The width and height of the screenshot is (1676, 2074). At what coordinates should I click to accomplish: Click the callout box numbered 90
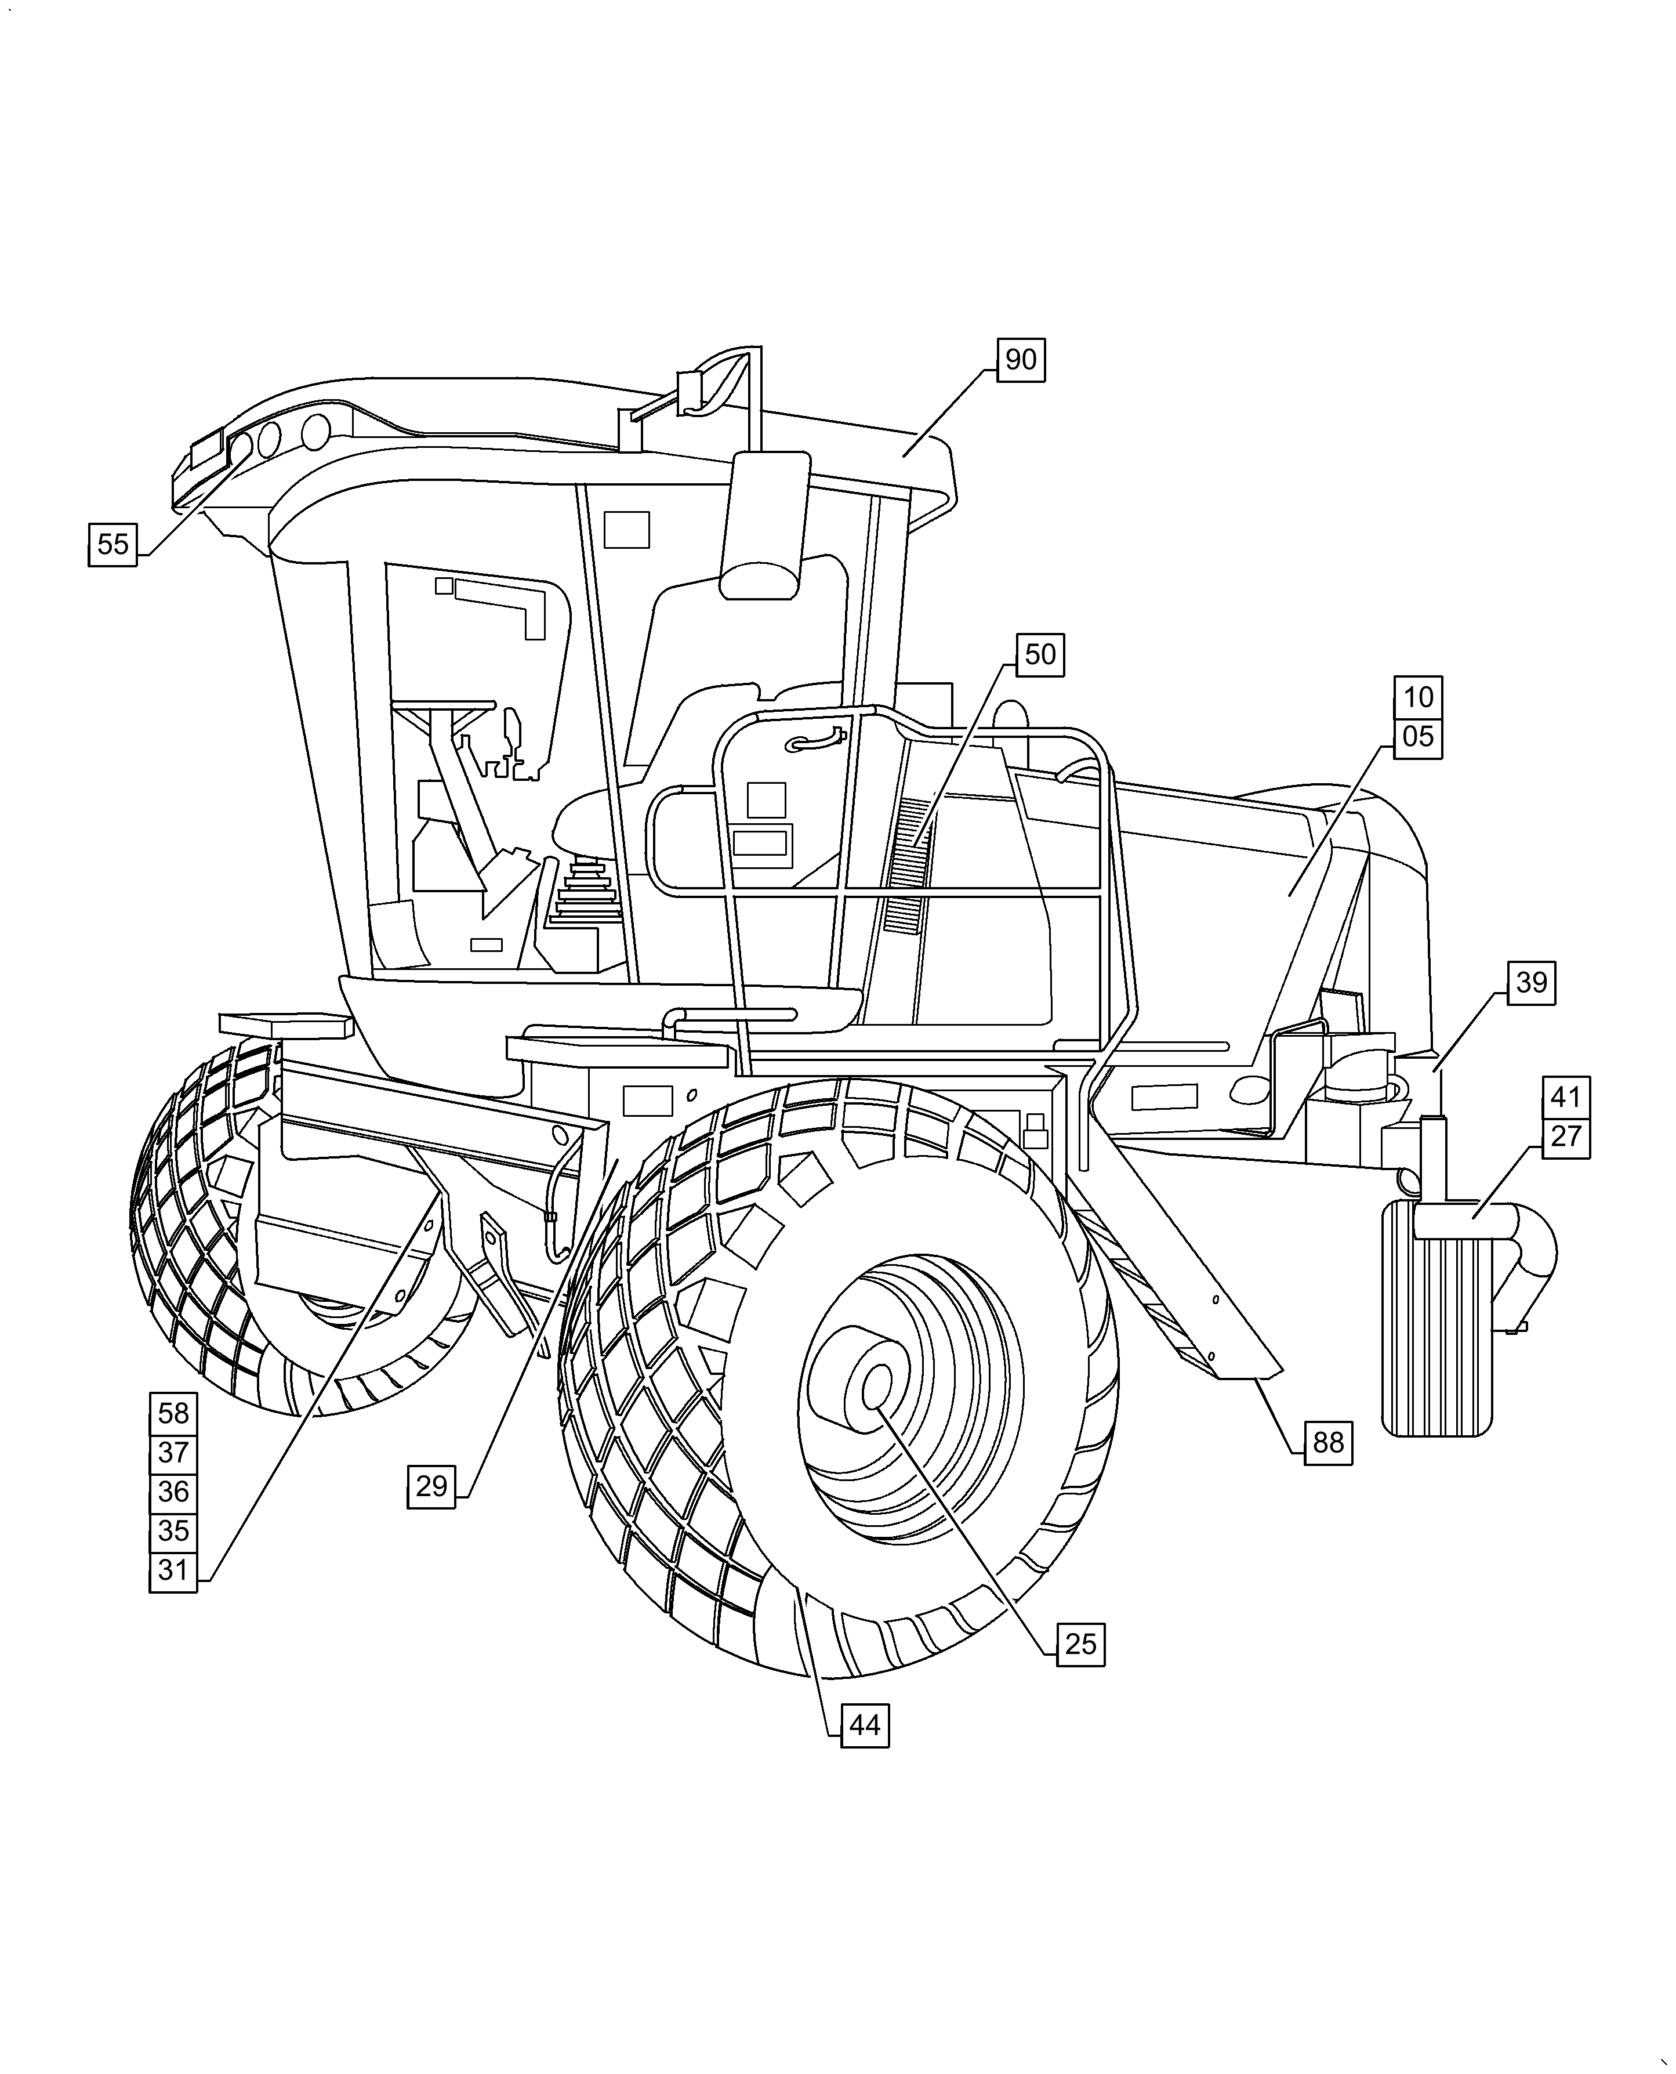(1021, 360)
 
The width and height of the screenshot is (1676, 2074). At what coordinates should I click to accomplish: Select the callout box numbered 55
(113, 545)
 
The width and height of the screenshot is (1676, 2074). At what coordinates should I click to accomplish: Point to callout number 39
(1531, 983)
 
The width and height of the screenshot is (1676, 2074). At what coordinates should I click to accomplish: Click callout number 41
(1566, 1098)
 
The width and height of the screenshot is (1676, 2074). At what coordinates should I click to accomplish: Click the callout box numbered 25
(1080, 1644)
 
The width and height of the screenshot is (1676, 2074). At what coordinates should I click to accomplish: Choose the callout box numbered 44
(865, 1725)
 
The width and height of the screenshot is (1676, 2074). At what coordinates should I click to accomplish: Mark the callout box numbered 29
(431, 1486)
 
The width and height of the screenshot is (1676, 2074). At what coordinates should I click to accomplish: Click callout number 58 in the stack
(174, 1414)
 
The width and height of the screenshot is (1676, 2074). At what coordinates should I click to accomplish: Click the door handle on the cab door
(817, 741)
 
